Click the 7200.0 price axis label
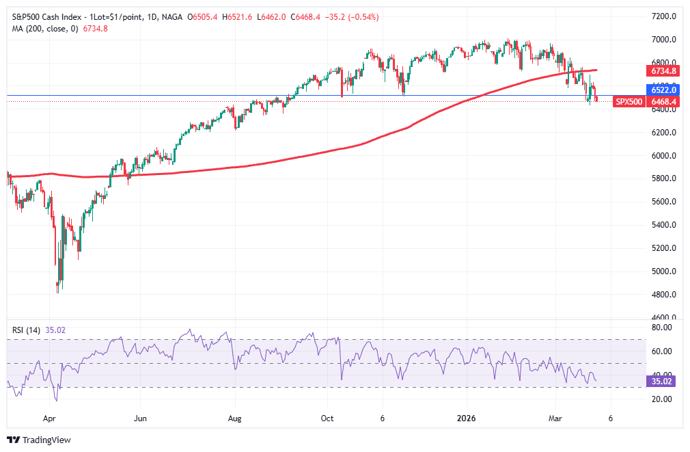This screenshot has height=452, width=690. [664, 16]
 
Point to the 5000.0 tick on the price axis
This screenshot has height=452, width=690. [664, 271]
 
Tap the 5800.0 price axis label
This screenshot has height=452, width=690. [664, 178]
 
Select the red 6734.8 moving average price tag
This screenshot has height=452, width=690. [662, 70]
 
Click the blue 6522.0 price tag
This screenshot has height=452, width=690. [662, 90]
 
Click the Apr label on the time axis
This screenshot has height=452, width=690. [49, 417]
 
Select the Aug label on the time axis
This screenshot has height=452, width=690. [234, 417]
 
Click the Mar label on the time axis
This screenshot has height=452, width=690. [555, 417]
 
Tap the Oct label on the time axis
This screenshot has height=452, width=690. [327, 417]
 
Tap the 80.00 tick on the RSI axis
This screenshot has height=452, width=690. [661, 328]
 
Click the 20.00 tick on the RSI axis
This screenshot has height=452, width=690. [661, 399]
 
